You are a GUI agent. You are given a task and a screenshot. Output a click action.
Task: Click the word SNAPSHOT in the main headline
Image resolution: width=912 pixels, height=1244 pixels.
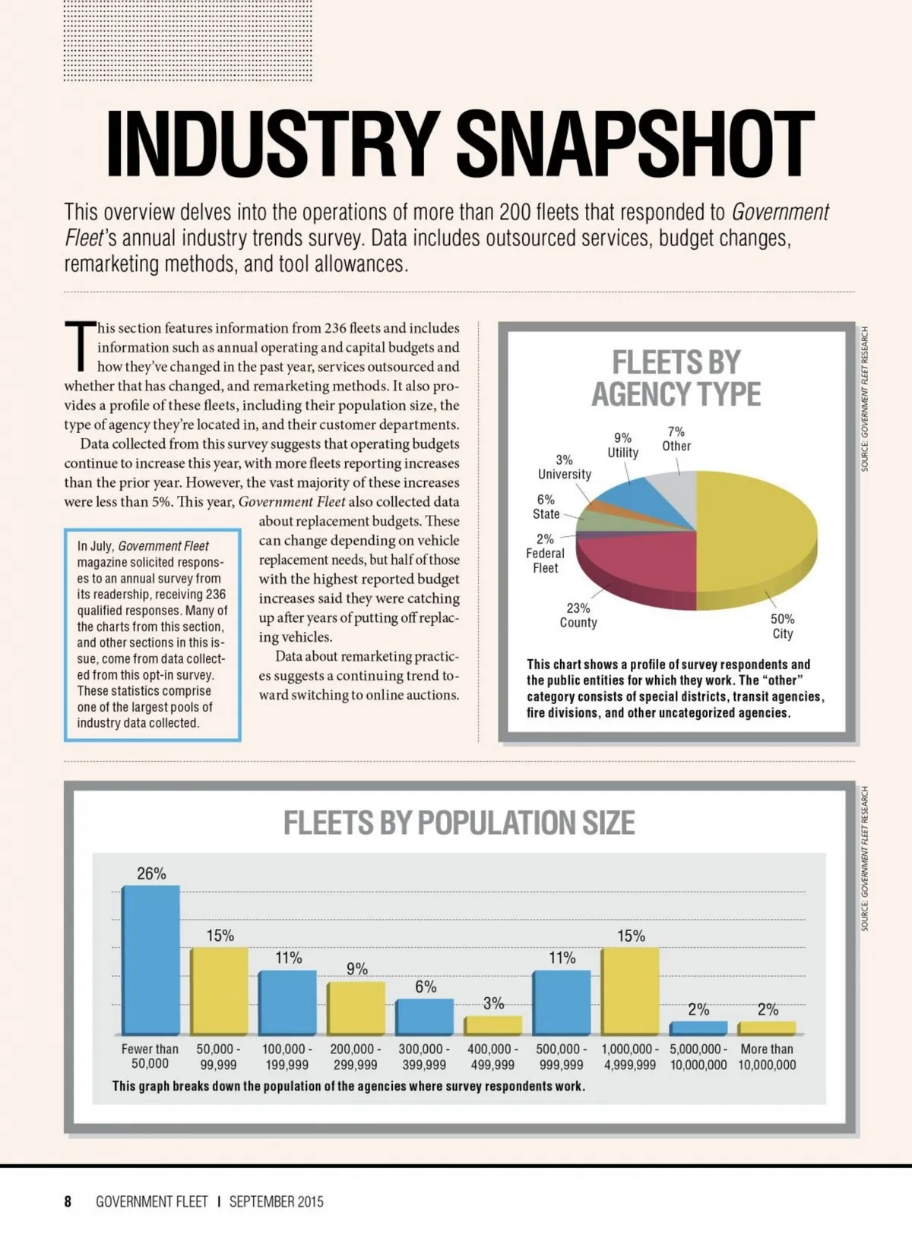point(635,144)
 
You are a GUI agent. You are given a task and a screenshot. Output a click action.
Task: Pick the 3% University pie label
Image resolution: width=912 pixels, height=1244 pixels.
point(564,467)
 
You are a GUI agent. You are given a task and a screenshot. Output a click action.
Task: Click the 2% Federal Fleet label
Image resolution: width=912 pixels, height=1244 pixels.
point(545,553)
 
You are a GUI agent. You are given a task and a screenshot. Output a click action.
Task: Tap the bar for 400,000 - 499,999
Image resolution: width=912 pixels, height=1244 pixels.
point(492,1025)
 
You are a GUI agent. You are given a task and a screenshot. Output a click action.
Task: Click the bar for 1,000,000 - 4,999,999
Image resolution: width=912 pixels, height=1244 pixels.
point(630,990)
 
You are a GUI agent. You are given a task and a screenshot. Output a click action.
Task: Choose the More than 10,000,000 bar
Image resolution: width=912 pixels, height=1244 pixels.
point(767,1028)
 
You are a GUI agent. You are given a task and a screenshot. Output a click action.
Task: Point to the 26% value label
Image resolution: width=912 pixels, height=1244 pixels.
point(151,873)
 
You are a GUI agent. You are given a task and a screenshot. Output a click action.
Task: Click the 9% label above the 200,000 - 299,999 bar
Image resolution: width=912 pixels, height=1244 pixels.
point(356,969)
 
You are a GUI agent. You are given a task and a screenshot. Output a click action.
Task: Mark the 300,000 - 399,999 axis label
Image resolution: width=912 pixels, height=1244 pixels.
point(424,1057)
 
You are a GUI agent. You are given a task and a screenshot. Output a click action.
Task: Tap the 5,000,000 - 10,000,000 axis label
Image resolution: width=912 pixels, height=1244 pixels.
point(698,1057)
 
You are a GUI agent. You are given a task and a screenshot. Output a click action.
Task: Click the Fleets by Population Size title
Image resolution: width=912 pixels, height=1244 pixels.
point(459,822)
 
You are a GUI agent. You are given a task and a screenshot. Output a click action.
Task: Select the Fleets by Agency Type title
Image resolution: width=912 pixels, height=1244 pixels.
point(676,377)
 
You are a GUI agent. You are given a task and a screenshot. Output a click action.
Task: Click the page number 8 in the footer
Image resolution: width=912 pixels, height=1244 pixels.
point(68,1201)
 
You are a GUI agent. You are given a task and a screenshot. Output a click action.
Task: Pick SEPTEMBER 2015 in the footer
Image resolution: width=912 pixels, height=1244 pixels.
point(276,1201)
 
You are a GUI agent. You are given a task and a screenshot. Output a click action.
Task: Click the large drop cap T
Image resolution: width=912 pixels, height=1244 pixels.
point(80,346)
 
